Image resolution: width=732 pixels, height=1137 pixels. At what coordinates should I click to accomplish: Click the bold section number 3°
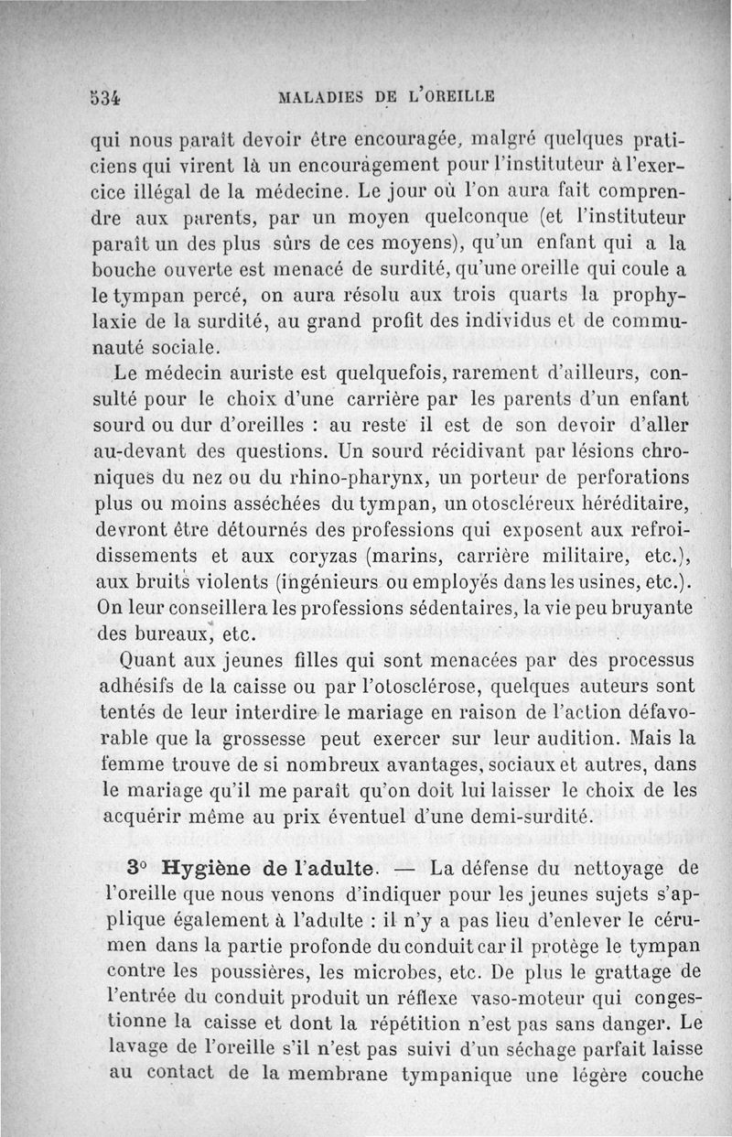point(137,866)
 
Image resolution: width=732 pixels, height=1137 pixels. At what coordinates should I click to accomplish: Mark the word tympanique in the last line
point(472,1073)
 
